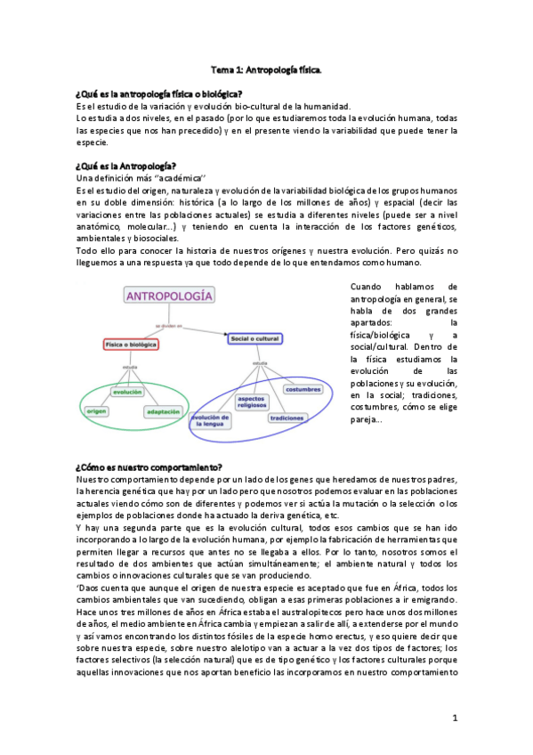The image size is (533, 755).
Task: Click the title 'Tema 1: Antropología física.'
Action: coord(266,69)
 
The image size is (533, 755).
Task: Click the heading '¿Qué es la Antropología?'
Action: coord(125,166)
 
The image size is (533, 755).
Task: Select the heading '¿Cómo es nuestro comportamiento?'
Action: coord(149,467)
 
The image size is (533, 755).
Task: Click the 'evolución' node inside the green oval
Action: coord(127,392)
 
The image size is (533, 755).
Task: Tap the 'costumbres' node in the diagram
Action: coord(304,389)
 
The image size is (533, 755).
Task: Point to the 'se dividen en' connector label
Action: coord(168,326)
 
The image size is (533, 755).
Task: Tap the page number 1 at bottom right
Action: coord(454,718)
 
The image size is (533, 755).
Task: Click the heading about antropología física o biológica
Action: coord(160,93)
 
